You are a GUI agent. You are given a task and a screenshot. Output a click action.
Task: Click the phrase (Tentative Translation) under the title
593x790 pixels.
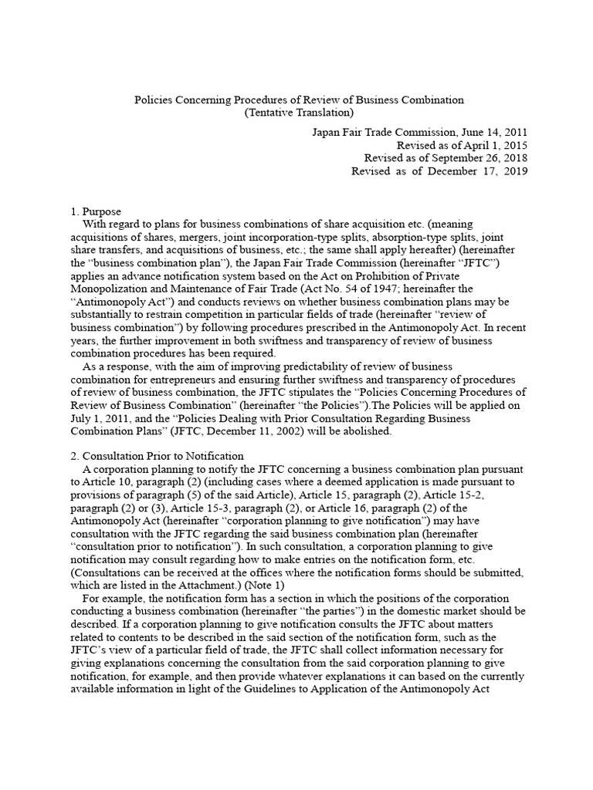(300, 113)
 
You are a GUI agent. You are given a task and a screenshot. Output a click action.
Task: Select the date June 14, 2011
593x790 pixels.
(494, 132)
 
